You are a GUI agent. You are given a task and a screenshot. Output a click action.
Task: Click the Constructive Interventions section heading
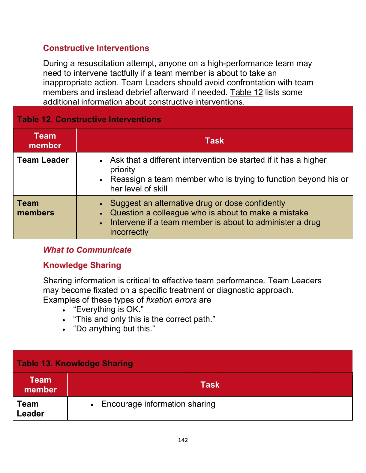pyautogui.click(x=96, y=48)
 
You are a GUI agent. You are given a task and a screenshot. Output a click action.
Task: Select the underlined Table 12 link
pyautogui.click(x=246, y=92)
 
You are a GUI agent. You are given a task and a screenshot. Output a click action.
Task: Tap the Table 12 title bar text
pyautogui.click(x=89, y=120)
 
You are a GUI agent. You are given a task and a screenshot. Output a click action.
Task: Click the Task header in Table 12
pyautogui.click(x=214, y=141)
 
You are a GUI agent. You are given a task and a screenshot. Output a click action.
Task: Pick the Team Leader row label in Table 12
pyautogui.click(x=43, y=160)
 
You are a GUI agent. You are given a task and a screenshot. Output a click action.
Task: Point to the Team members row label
pyautogui.click(x=36, y=208)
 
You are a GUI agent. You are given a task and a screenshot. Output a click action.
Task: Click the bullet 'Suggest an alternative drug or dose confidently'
pyautogui.click(x=197, y=203)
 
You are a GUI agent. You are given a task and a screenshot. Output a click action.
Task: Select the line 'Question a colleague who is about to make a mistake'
pyautogui.click(x=209, y=213)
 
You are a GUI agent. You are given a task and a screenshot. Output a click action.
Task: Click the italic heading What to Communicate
pyautogui.click(x=87, y=250)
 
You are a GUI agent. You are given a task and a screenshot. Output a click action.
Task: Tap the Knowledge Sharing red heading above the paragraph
pyautogui.click(x=82, y=265)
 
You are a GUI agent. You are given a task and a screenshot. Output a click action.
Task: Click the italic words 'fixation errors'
pyautogui.click(x=171, y=300)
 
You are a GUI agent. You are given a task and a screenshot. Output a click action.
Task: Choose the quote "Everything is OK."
pyautogui.click(x=108, y=309)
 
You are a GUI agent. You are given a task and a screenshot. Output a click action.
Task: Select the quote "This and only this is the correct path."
pyautogui.click(x=144, y=319)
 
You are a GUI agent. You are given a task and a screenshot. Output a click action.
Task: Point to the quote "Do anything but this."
pyautogui.click(x=114, y=329)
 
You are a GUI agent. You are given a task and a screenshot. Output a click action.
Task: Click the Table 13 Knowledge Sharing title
pyautogui.click(x=75, y=363)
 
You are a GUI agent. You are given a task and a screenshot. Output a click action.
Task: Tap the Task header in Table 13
pyautogui.click(x=210, y=385)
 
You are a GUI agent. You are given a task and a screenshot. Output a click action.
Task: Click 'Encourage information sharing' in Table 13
pyautogui.click(x=158, y=404)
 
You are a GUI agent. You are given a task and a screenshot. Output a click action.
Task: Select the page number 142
pyautogui.click(x=183, y=440)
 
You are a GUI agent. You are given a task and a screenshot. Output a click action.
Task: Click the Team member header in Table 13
pyautogui.click(x=40, y=385)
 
